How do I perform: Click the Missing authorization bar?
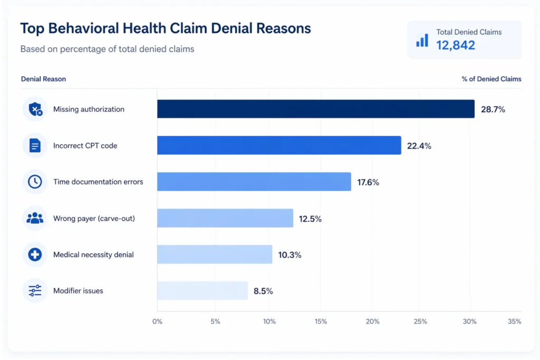315,109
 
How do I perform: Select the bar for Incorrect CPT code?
279,145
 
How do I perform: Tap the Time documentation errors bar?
254,182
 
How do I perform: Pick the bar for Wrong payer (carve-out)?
225,218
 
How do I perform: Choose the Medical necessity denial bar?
215,255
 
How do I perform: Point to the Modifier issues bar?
202,291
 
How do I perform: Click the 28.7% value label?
493,110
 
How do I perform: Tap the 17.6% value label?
368,182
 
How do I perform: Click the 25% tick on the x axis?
420,322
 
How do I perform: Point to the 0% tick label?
157,322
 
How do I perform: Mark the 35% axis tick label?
515,322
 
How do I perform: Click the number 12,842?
456,45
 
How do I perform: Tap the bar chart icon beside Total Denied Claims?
422,40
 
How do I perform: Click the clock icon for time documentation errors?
35,182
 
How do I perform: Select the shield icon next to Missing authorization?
35,110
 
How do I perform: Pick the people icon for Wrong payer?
35,218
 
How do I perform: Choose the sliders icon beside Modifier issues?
35,291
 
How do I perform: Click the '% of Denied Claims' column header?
491,79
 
